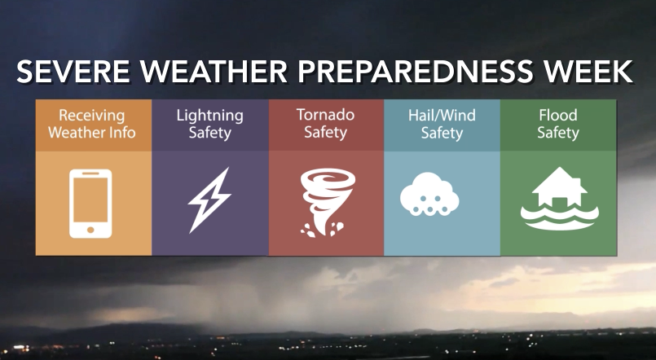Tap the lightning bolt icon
pos(209,200)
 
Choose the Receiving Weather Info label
pos(92,124)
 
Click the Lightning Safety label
pos(209,124)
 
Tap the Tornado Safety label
pos(325,124)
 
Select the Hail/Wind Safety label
pos(442,124)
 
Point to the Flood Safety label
pos(557,124)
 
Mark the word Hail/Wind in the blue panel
pos(442,115)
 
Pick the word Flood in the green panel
pos(557,115)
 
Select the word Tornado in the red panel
pos(325,115)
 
